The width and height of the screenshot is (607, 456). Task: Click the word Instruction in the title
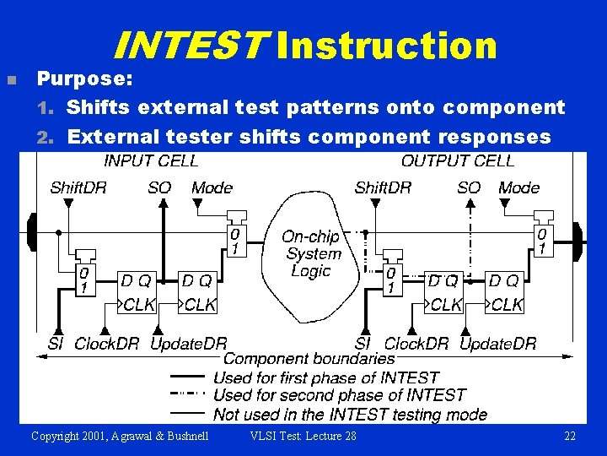coord(387,46)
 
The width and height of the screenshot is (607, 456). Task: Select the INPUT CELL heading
coord(151,160)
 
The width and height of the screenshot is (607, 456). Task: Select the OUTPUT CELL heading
coord(458,160)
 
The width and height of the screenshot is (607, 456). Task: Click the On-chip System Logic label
coord(311,253)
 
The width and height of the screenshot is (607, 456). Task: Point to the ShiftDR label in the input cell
coord(78,187)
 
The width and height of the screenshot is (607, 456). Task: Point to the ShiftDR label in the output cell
coord(383,187)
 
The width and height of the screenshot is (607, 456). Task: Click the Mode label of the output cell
coord(519,187)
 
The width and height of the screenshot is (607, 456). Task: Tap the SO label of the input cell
coord(159,187)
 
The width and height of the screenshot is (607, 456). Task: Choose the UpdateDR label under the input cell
coord(188,344)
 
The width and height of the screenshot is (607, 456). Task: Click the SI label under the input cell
coord(55,344)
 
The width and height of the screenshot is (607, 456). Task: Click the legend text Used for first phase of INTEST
coord(326,377)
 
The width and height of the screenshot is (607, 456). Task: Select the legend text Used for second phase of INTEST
coord(339,394)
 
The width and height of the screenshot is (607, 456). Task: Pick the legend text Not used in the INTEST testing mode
coord(350,414)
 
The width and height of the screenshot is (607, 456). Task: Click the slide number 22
coord(570,436)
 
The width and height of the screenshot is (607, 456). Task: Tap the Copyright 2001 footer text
coord(121,436)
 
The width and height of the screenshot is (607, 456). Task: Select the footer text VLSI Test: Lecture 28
coord(303,436)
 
